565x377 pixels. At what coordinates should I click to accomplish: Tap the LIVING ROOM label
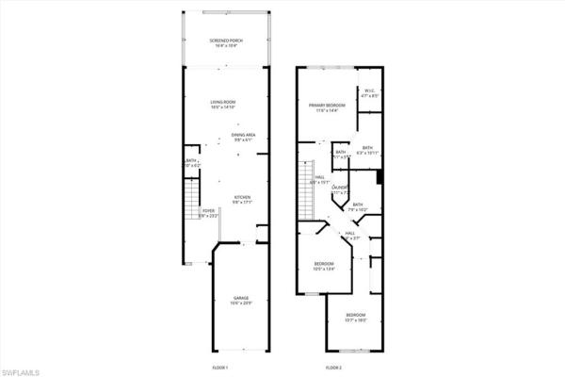[222, 101]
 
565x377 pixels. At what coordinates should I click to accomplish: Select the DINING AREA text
[244, 135]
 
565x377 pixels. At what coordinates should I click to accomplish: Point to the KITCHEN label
[244, 197]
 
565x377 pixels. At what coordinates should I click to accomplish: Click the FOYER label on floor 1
[207, 212]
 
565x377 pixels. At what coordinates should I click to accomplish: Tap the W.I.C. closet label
[370, 91]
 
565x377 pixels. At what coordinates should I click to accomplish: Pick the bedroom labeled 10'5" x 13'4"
[324, 263]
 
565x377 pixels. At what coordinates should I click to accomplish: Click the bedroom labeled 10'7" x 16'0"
[355, 314]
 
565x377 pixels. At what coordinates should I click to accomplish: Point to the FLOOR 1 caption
[220, 366]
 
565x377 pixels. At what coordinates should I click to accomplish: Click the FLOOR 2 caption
[333, 366]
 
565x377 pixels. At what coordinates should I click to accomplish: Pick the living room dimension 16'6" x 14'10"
[222, 107]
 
